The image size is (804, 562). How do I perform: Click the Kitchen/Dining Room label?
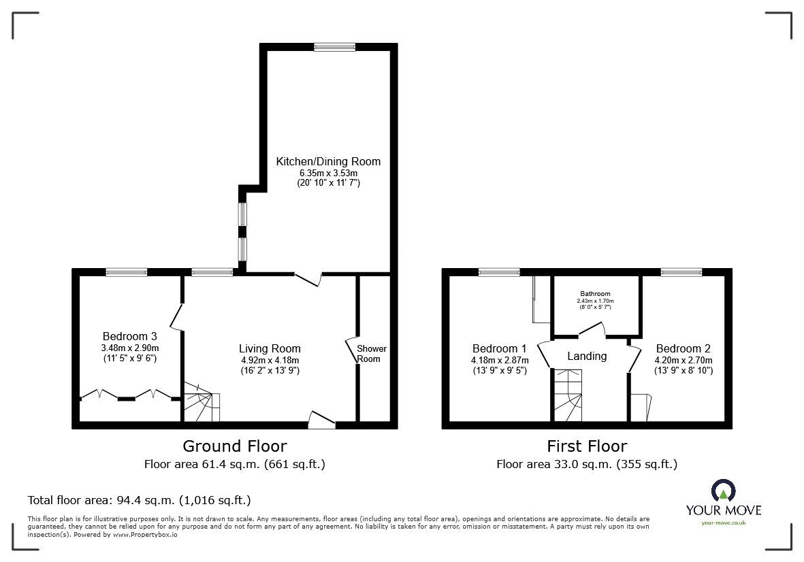pyautogui.click(x=328, y=161)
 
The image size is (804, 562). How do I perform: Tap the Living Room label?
pyautogui.click(x=270, y=349)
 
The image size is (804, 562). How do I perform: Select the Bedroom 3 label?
pyautogui.click(x=130, y=337)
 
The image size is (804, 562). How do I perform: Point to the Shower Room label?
pyautogui.click(x=371, y=354)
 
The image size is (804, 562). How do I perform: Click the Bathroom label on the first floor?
pyautogui.click(x=595, y=294)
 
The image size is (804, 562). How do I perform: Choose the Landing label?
pyautogui.click(x=587, y=356)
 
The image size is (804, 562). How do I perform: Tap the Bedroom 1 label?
pyautogui.click(x=500, y=349)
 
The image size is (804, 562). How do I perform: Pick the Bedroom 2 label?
pyautogui.click(x=684, y=349)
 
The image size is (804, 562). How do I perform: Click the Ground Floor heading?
pyautogui.click(x=235, y=446)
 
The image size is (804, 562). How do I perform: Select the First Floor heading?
pyautogui.click(x=587, y=446)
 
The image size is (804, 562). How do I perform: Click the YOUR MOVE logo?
pyautogui.click(x=724, y=501)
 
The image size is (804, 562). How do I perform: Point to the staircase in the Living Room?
pyautogui.click(x=202, y=401)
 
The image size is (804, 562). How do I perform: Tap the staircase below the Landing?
pyautogui.click(x=568, y=395)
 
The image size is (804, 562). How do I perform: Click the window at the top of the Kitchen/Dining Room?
pyautogui.click(x=335, y=47)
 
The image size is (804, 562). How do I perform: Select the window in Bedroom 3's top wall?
pyautogui.click(x=127, y=273)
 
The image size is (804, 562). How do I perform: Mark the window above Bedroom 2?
pyautogui.click(x=681, y=273)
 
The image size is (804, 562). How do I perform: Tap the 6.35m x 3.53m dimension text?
pyautogui.click(x=328, y=173)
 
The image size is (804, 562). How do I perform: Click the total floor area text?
pyautogui.click(x=140, y=500)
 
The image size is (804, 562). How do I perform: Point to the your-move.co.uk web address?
pyautogui.click(x=724, y=523)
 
